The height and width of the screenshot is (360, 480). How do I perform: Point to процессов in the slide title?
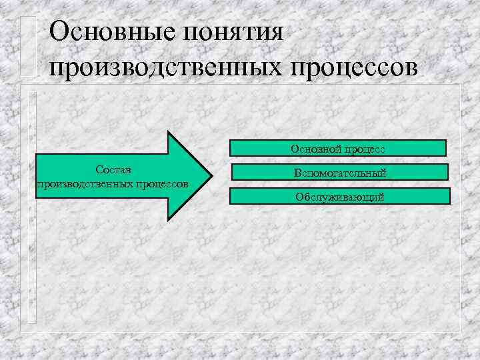[361, 68]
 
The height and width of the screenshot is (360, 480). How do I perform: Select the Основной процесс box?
[338, 148]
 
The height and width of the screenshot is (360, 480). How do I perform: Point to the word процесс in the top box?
[366, 149]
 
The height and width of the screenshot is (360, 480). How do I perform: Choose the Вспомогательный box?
[340, 173]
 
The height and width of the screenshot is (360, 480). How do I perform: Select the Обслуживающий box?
[339, 196]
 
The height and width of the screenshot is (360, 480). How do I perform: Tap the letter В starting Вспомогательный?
[296, 173]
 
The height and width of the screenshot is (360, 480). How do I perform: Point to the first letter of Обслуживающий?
[299, 197]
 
